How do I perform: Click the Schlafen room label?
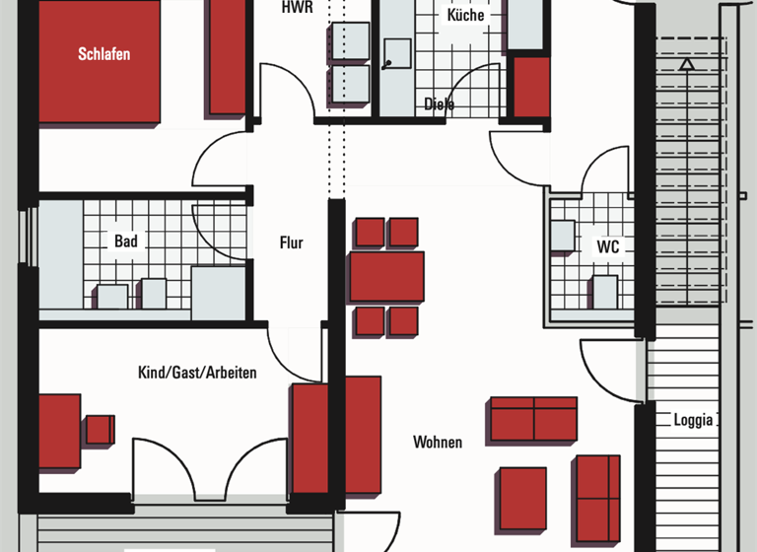[x=104, y=54]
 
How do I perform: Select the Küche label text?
[x=465, y=16]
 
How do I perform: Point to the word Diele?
[x=440, y=103]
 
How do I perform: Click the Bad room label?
[x=125, y=241]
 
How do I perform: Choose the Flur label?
[x=292, y=242]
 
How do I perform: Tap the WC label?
[x=608, y=247]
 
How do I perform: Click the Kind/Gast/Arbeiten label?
[x=197, y=373]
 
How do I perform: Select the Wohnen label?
[x=438, y=442]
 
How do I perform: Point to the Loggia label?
[x=693, y=420]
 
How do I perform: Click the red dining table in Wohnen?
[x=386, y=276]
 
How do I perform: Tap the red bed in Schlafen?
[x=99, y=61]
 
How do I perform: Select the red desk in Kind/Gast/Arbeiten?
[x=59, y=431]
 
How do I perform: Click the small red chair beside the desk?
[x=100, y=430]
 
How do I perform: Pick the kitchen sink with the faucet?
[x=398, y=53]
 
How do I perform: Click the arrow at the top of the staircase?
[x=686, y=64]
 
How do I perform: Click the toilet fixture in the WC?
[x=604, y=292]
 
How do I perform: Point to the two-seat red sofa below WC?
[x=533, y=419]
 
